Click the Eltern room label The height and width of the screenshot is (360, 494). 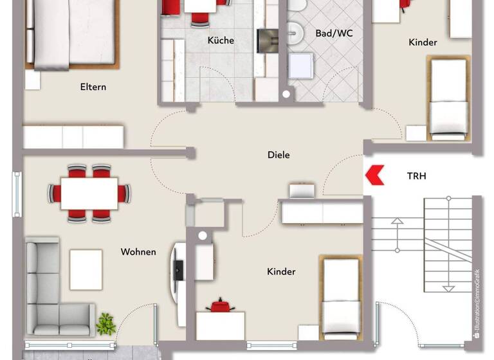coord(93,87)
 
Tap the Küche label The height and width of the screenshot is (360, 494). coord(221,40)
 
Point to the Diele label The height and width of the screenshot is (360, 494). coord(279,155)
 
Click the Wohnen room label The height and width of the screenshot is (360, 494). coord(138,251)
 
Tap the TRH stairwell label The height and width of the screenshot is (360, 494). coord(416,175)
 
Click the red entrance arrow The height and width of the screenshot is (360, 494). coord(374,175)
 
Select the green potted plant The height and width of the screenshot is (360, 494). coord(105,323)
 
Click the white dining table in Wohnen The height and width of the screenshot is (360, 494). coord(89,193)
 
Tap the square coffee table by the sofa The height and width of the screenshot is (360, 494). coord(86,269)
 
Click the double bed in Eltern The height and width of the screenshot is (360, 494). coord(71,32)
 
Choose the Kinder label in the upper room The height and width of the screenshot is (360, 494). coord(423,42)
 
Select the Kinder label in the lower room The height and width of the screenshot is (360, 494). coord(281,272)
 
